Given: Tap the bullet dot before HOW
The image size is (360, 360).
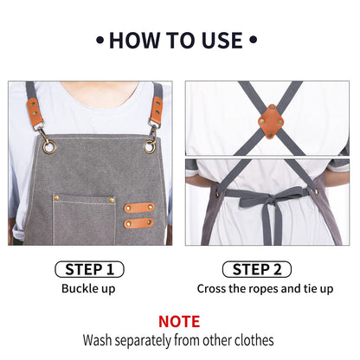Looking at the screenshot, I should point(101,40).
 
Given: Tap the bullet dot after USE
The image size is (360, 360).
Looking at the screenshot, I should point(253,40).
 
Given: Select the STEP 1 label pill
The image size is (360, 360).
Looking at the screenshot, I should point(90,269).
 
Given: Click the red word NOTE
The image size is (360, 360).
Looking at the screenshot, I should point(180,321).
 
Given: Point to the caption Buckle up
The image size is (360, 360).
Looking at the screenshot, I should point(90,289).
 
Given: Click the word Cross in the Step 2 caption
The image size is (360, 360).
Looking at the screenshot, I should point(213,289).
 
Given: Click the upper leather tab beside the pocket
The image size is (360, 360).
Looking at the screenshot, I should point(138,208).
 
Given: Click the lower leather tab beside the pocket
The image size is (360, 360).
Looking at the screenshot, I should point(138,223).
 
